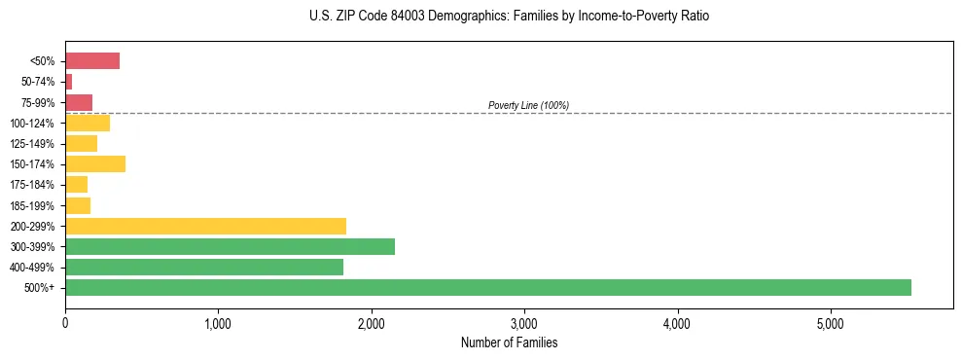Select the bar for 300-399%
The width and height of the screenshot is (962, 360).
tap(230, 247)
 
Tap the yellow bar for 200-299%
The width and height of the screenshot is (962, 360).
tap(205, 226)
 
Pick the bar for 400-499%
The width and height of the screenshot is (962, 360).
tap(204, 268)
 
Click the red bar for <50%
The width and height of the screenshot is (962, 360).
tap(92, 61)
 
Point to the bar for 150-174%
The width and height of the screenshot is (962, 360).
tap(95, 164)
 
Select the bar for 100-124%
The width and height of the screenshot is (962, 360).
tap(88, 124)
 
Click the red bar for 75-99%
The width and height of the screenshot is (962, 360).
tap(79, 102)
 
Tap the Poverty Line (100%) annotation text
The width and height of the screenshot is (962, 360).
tap(528, 105)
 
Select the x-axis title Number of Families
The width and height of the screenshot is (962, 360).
tap(509, 342)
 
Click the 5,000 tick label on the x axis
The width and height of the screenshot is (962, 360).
tap(830, 323)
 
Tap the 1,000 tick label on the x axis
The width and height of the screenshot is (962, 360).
tap(218, 323)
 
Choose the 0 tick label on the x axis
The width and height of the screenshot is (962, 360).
tap(65, 323)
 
